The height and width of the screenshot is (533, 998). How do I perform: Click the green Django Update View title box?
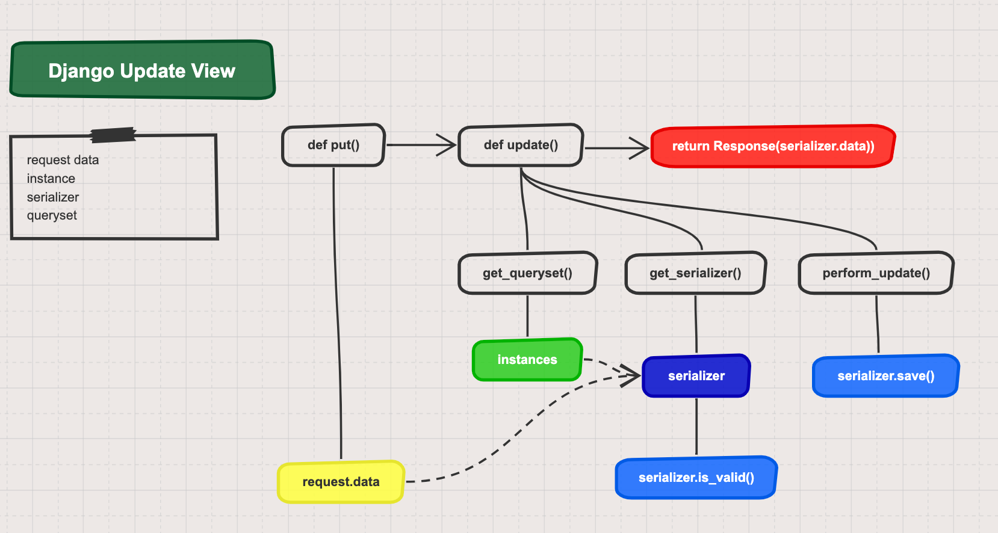pos(142,70)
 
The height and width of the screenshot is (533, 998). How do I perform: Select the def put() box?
pos(333,145)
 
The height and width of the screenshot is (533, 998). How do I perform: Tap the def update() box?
pos(521,145)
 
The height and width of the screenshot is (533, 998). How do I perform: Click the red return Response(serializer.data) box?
pos(773,146)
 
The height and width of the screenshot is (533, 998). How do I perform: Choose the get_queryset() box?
pos(527,273)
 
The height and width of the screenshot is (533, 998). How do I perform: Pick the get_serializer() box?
pos(695,273)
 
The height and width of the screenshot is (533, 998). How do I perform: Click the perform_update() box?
pos(876,273)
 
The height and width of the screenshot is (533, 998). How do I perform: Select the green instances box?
pos(527,360)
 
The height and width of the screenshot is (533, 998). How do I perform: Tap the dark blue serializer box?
pos(696,376)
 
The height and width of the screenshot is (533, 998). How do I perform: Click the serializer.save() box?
pos(885,376)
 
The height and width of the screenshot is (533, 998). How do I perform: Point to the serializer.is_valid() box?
pos(696,478)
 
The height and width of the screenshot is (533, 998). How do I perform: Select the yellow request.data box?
pos(341,482)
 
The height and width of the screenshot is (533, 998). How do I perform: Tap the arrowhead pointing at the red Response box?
pos(642,147)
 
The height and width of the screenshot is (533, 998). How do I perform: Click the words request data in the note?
pos(63,160)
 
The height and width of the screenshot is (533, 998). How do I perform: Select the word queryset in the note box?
pos(52,215)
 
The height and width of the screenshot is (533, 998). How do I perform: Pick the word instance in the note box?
pos(51,179)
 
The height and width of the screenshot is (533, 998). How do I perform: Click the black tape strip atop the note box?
pos(113,135)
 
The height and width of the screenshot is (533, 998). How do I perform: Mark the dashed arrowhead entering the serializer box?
pos(633,375)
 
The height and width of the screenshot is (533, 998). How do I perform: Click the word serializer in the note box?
pos(53,197)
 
